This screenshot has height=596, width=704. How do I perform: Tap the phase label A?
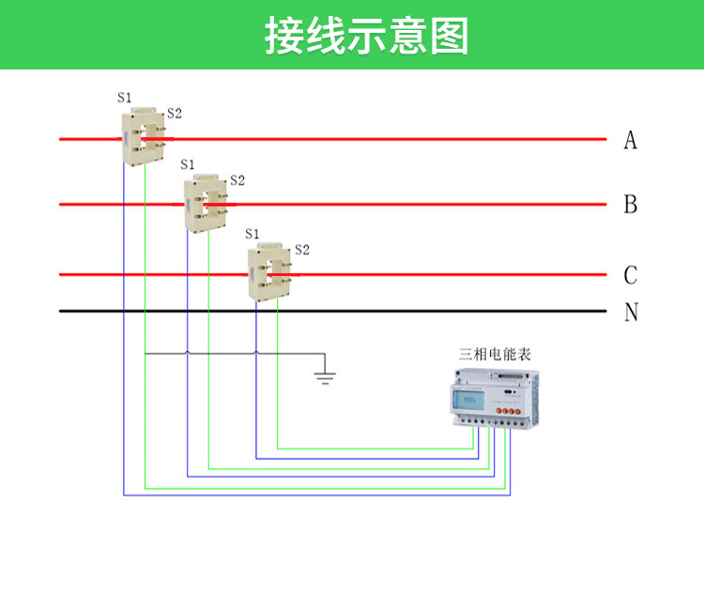tap(630, 140)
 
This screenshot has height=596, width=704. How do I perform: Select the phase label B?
tap(630, 205)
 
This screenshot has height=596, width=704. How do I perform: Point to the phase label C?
tap(630, 275)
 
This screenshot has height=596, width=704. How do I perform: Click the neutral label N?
tap(631, 312)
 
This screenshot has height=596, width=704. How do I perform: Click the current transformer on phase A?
tap(143, 136)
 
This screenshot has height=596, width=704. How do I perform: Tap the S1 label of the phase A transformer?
tap(125, 98)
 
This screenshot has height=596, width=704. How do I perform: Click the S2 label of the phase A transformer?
tap(174, 114)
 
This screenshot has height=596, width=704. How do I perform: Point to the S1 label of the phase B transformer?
tap(188, 165)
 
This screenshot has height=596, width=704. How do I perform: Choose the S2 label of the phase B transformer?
tap(237, 180)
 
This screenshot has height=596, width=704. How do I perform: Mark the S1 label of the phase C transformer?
tap(252, 234)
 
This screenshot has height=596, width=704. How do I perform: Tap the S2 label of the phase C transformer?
tap(301, 250)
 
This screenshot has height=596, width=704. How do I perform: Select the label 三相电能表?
tap(495, 355)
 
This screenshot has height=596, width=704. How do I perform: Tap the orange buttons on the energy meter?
tap(511, 409)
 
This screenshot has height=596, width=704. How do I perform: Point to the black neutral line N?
tap(375, 311)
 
